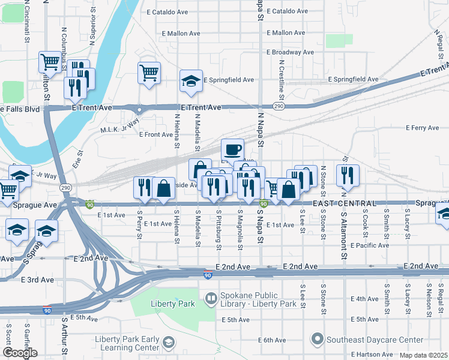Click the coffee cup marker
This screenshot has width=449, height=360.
coord(232,149)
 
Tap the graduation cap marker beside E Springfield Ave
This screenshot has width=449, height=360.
coord(191,82)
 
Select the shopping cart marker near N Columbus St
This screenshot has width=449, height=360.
coord(50,61)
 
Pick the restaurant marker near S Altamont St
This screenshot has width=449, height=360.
coord(347,175)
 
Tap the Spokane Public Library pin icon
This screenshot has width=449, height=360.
coord(211,298)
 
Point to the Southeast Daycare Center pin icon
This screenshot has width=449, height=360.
coord(318,340)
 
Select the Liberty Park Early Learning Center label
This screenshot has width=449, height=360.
coord(127,344)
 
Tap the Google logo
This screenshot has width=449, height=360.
coord(19,353)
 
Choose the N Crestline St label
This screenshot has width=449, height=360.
coord(280,78)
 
